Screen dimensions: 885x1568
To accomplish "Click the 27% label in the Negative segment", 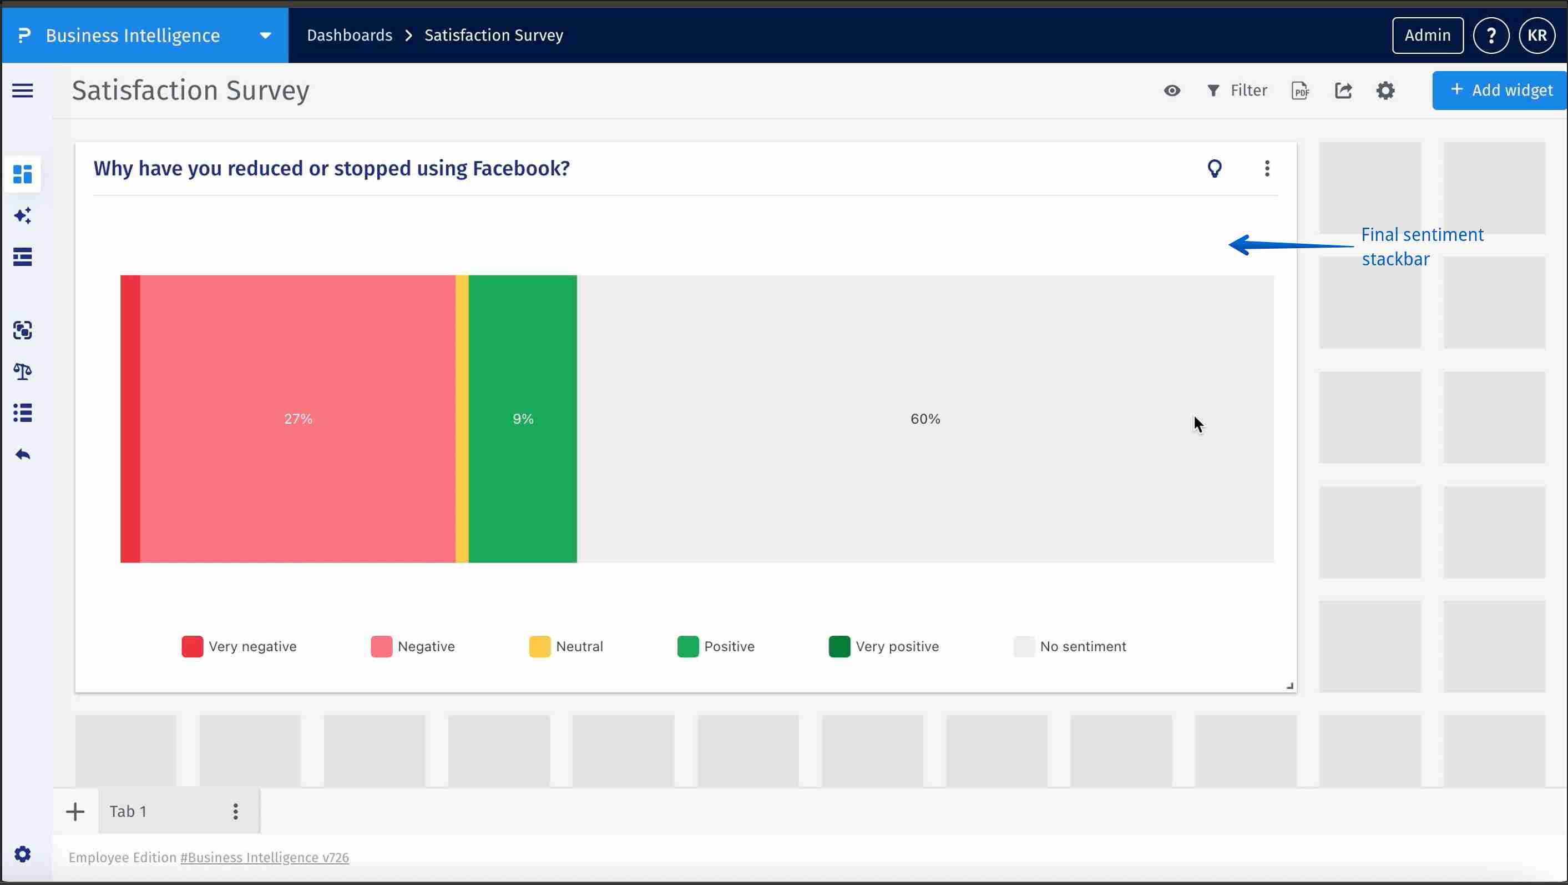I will [299, 419].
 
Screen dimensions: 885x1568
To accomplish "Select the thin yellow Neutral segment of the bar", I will [462, 419].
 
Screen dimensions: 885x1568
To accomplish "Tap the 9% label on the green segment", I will [523, 419].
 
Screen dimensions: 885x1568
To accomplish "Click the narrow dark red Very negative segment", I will [130, 419].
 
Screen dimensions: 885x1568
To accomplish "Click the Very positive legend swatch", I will [839, 646].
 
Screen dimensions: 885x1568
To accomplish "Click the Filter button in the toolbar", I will [1237, 90].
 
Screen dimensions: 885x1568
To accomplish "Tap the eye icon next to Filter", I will [1172, 90].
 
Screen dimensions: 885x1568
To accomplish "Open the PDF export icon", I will [1300, 90].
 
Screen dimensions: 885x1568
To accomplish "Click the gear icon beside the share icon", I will [1385, 90].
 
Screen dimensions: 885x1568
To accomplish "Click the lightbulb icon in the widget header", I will [1215, 168].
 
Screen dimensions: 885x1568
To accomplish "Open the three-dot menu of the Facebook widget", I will [1267, 168].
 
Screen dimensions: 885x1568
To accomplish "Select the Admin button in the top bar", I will [1428, 36].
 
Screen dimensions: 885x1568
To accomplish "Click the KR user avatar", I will [1537, 36].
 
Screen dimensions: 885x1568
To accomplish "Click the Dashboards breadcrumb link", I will [350, 36].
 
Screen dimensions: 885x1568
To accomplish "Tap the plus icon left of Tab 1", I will [75, 811].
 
